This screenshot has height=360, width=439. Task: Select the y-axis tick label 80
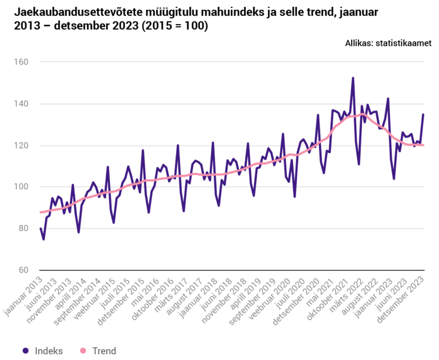26,229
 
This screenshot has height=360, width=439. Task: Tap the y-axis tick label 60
26,270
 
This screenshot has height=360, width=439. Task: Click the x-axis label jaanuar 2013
23,294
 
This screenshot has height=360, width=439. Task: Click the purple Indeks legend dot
25,351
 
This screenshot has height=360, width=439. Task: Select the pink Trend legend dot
82,351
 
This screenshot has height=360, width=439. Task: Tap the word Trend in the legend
103,351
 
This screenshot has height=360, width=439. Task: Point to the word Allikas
359,43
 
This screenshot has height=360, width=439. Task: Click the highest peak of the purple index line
353,78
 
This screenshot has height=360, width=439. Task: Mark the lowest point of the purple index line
43,239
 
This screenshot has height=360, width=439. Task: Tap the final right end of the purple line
423,114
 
